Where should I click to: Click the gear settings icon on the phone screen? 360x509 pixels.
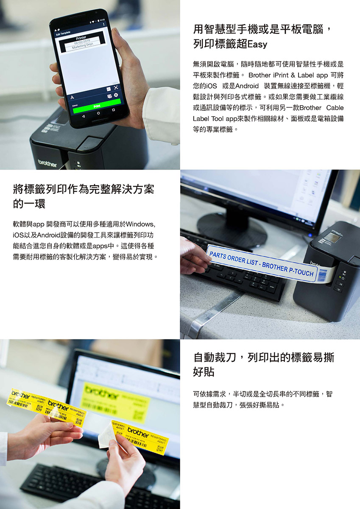(116, 95)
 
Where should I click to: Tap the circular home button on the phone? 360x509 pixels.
(99, 113)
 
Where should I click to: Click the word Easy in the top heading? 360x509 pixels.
(257, 44)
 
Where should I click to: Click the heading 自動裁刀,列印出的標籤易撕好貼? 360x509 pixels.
(263, 364)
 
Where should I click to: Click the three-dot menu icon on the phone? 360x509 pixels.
(103, 24)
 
